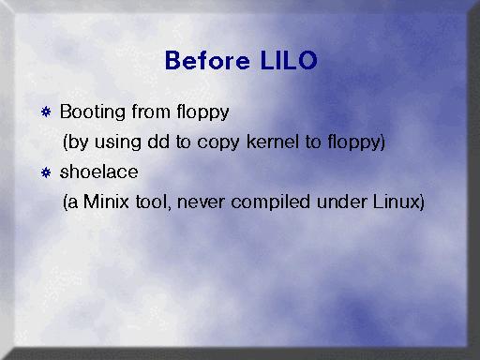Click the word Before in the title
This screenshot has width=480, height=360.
tap(207, 60)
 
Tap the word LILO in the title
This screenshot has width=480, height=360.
tap(289, 60)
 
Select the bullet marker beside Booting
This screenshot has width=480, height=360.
tap(46, 112)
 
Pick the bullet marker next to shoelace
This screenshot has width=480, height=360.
tap(46, 172)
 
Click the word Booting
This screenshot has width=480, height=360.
tap(93, 112)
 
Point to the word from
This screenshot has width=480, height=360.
tap(151, 112)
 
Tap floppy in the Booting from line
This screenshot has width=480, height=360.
tap(202, 112)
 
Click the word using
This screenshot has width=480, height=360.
tap(118, 142)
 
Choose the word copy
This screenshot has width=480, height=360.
tap(218, 142)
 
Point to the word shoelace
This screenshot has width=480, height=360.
tap(99, 172)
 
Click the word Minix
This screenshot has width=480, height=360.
tap(106, 202)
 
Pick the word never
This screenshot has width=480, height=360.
tap(201, 202)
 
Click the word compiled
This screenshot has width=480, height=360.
tap(270, 202)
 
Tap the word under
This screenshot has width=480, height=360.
tap(341, 202)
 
